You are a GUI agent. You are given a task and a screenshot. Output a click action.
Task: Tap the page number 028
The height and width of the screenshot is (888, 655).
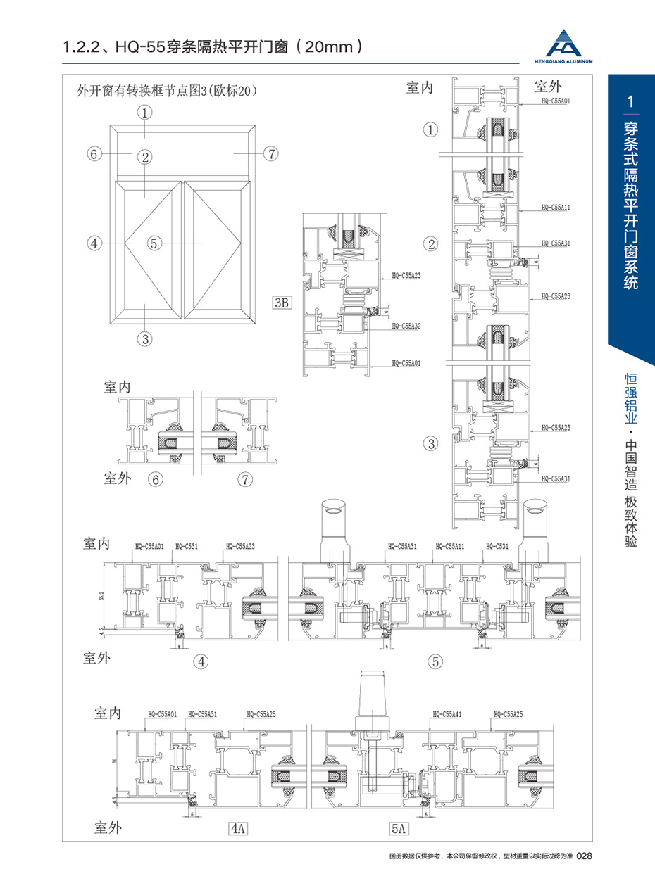click(587, 856)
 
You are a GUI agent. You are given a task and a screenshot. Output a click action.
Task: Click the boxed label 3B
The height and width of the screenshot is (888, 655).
click(282, 303)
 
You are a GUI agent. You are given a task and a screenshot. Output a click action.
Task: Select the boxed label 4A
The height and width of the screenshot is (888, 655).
click(238, 828)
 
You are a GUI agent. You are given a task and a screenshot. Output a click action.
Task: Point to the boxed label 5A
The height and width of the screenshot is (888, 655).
click(399, 828)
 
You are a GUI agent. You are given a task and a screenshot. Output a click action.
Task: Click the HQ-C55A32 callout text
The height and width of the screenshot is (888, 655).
click(406, 326)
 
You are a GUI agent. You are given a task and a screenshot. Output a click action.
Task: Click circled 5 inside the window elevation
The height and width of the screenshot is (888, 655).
click(156, 243)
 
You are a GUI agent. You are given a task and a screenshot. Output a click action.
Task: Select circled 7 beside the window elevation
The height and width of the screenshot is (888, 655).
click(271, 153)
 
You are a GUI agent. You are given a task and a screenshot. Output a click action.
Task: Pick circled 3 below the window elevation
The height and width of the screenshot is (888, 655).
click(145, 338)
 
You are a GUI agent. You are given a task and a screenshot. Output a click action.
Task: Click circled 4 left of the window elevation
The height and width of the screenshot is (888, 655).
click(94, 243)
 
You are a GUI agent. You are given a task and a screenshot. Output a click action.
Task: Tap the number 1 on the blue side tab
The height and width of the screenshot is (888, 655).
click(631, 102)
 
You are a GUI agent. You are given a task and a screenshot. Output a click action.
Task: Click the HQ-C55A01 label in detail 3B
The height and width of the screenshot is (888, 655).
click(406, 364)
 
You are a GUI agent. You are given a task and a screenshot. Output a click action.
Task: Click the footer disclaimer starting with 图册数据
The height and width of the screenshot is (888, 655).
click(481, 856)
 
